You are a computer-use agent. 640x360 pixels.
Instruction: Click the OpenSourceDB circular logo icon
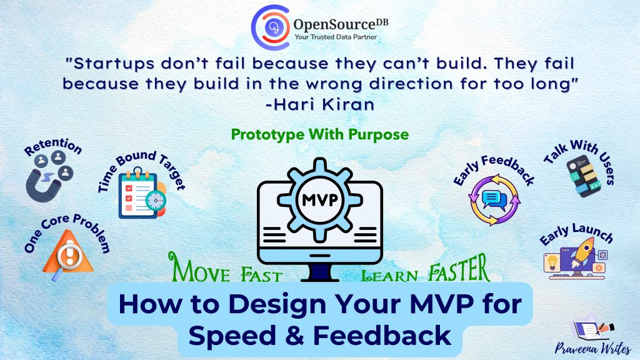click(x=271, y=27)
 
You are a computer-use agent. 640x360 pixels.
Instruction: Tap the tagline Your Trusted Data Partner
click(x=336, y=37)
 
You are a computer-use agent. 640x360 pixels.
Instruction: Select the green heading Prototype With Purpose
click(x=320, y=134)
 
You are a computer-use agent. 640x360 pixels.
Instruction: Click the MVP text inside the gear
click(x=320, y=200)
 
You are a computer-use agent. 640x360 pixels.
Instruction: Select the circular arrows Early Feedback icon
click(x=494, y=200)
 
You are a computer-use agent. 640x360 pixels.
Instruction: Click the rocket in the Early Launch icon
click(x=582, y=252)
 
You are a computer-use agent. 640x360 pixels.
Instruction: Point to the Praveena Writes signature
click(x=592, y=349)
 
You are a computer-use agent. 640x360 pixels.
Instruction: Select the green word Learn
click(x=390, y=276)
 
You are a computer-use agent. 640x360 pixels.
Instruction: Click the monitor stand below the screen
click(x=320, y=272)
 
